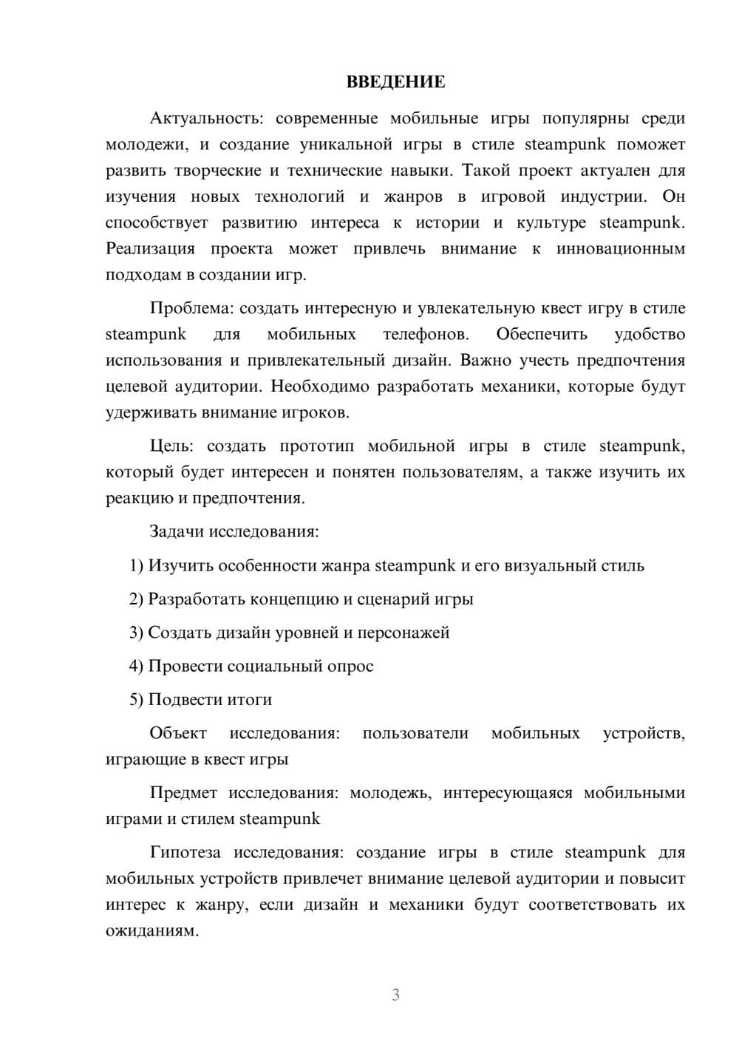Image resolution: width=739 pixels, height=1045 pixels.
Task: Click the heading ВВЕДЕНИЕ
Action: click(x=395, y=82)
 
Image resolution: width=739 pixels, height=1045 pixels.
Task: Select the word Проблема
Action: click(x=191, y=309)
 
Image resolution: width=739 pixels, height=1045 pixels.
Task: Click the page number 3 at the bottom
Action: click(x=395, y=995)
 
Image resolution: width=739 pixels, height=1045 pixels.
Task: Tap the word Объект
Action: click(x=178, y=734)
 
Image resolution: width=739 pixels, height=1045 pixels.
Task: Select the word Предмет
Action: click(x=183, y=793)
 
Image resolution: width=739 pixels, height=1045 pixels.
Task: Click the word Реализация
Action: click(x=151, y=249)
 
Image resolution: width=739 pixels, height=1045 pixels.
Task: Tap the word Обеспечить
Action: click(x=542, y=335)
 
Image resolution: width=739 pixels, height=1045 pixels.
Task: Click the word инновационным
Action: click(x=621, y=249)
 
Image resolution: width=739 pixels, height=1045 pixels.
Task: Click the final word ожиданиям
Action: click(x=152, y=931)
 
